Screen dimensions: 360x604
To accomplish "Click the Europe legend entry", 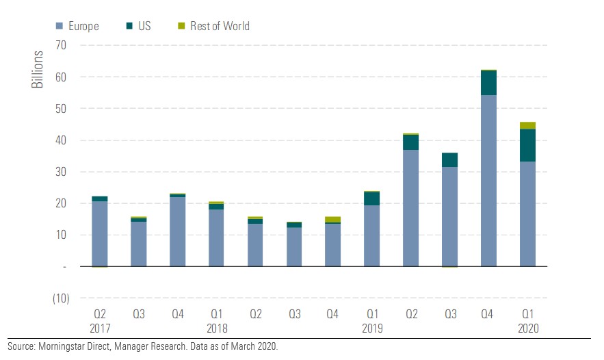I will [x=77, y=27].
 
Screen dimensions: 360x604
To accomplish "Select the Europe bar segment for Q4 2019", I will [x=488, y=181].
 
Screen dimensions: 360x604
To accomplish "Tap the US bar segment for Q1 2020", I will [x=527, y=145].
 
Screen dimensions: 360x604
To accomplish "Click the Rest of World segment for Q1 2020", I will [x=527, y=125].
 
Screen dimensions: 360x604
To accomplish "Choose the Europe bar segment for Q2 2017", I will [x=99, y=233].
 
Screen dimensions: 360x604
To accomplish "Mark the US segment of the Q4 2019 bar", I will [x=488, y=82].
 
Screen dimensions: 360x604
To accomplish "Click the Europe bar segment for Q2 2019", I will [x=410, y=208].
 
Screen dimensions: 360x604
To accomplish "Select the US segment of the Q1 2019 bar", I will [x=371, y=198].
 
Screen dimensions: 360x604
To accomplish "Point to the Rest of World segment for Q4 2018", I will [x=332, y=219].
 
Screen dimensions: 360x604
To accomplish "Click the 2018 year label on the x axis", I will [x=216, y=329].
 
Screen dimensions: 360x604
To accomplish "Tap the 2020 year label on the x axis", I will [x=528, y=329].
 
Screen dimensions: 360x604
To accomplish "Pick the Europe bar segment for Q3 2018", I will [x=294, y=247].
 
